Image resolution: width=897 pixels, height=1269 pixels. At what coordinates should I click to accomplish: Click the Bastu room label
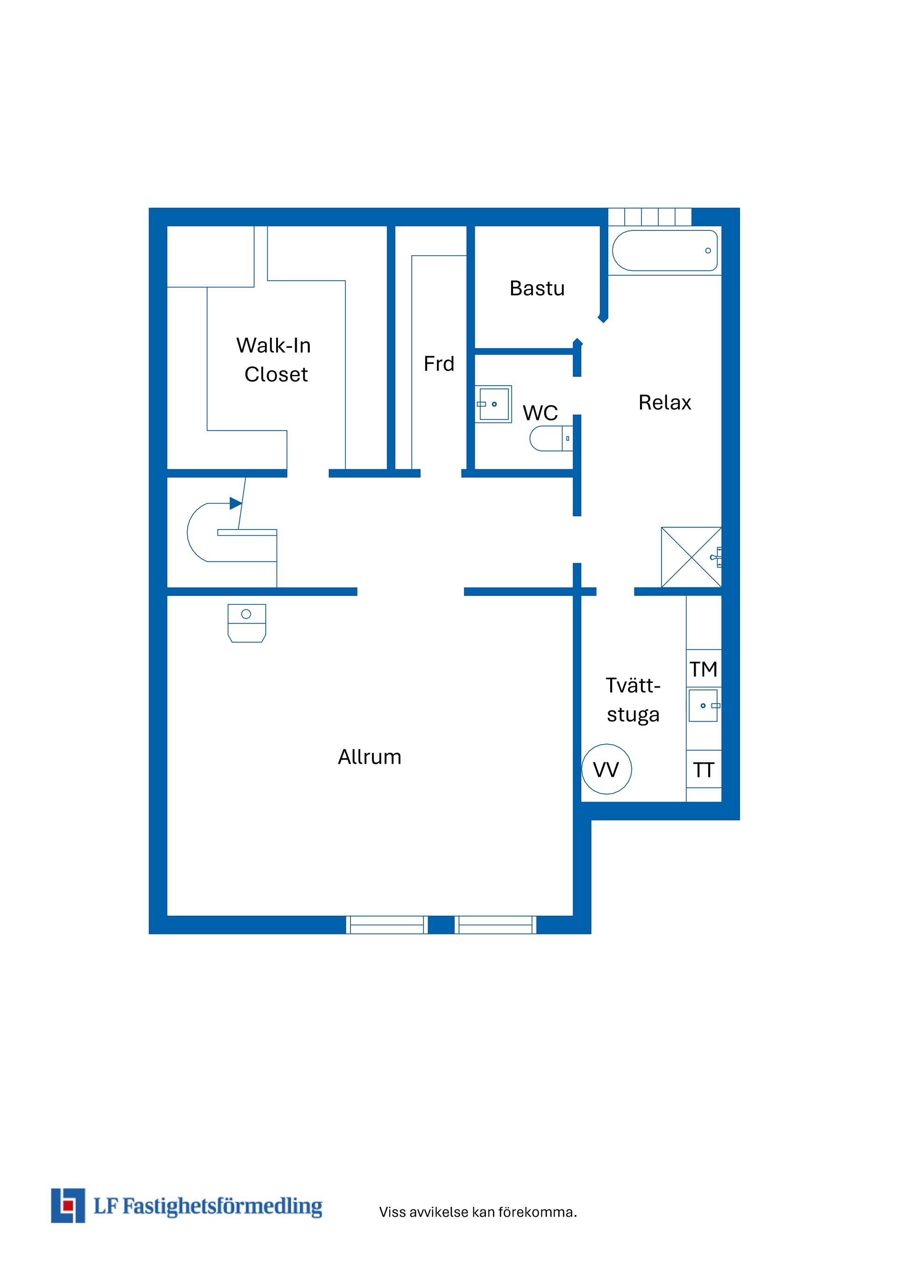point(536,288)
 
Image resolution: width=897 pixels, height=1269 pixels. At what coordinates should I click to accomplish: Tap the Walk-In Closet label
point(274,360)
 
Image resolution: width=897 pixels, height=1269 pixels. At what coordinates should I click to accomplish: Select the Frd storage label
point(439,364)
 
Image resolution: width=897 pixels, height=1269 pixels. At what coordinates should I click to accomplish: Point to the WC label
point(540,413)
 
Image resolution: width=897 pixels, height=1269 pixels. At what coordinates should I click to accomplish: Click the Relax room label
point(664,402)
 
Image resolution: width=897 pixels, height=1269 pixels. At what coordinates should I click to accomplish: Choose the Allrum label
point(370,757)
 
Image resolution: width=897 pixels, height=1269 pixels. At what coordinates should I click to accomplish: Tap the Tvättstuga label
point(633,700)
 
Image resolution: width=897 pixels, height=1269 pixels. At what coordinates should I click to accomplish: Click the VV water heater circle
point(606,769)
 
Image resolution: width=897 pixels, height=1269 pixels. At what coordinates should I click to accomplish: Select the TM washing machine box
point(703,669)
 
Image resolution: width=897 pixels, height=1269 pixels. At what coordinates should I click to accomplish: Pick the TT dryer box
point(703,770)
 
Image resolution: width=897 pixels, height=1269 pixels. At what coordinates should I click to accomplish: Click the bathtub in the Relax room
point(664,251)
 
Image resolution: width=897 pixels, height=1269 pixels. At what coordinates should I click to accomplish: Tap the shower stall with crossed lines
point(691,557)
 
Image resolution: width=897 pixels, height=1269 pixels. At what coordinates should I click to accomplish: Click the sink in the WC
point(493,404)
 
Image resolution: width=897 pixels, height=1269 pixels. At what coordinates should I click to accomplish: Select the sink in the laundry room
point(703,705)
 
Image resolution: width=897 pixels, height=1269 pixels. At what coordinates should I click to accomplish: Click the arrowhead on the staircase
point(236,503)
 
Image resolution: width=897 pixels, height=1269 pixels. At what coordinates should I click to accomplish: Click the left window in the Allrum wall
point(387,925)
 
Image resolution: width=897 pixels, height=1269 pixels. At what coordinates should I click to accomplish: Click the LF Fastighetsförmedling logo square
point(68,1205)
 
